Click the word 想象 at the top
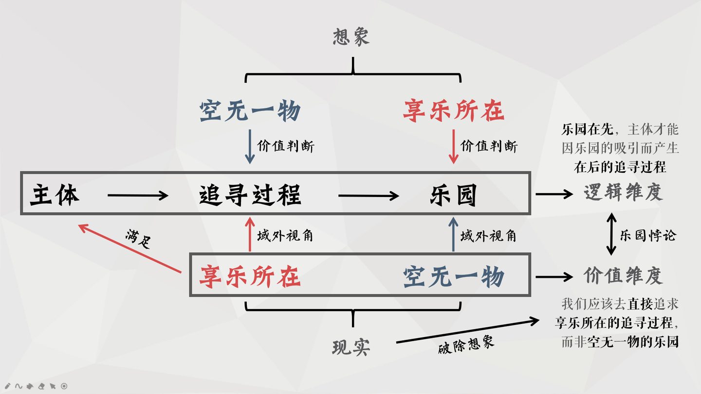(x=351, y=37)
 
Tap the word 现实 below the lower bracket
(x=351, y=347)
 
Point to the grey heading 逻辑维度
(x=623, y=193)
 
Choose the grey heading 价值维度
(x=623, y=276)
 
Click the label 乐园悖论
(x=648, y=236)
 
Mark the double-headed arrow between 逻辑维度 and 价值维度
(x=611, y=235)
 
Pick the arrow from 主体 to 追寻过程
(x=138, y=196)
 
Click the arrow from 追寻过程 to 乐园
(x=369, y=196)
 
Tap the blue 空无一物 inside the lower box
(x=453, y=277)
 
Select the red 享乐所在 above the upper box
(x=453, y=111)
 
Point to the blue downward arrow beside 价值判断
(x=250, y=146)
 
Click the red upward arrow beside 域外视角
(x=250, y=235)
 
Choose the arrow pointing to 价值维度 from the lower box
(x=554, y=277)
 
